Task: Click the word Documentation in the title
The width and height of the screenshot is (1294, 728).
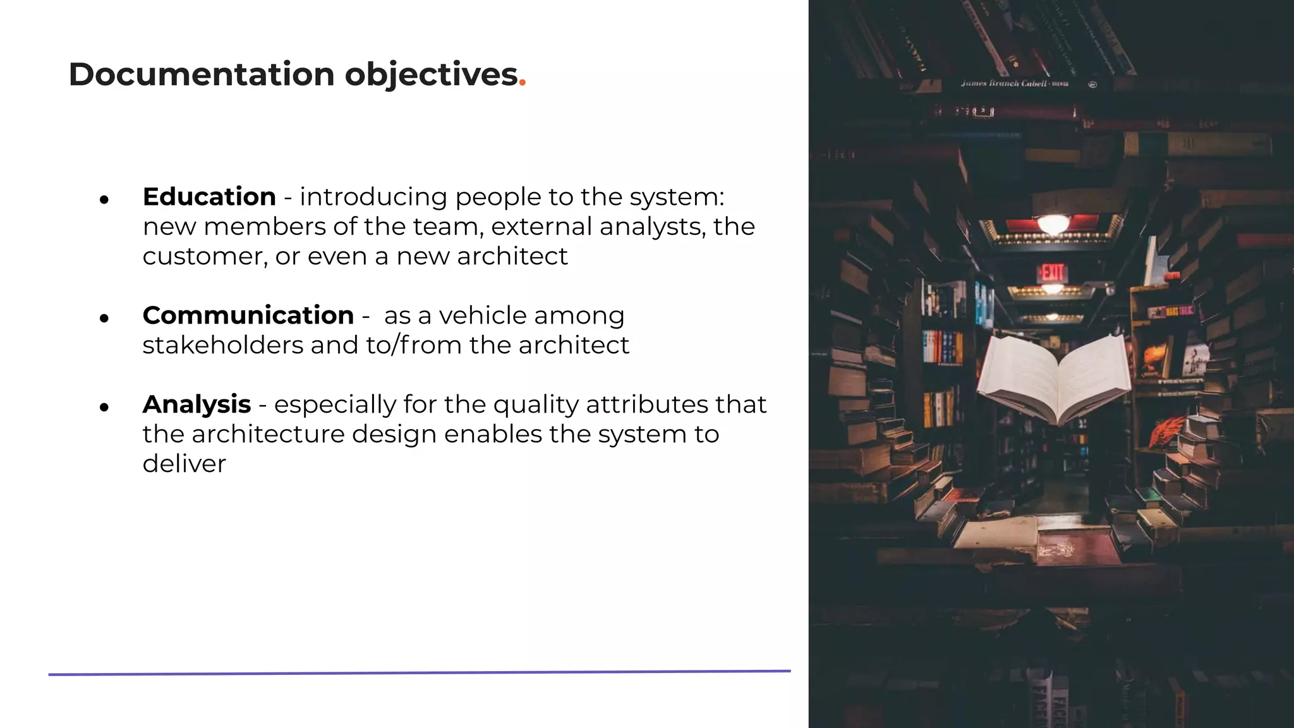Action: pyautogui.click(x=202, y=75)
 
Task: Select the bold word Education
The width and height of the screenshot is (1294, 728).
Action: pyautogui.click(x=209, y=197)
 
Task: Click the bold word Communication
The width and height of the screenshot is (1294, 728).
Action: pyautogui.click(x=248, y=315)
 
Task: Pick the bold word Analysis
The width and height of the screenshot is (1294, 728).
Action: pyautogui.click(x=197, y=404)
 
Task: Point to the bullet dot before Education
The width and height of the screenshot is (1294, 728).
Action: pyautogui.click(x=104, y=200)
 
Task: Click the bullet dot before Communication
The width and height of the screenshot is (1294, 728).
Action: pyautogui.click(x=104, y=318)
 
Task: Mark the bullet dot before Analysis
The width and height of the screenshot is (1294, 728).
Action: pyautogui.click(x=104, y=407)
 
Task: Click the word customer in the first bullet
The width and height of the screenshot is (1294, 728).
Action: pyautogui.click(x=201, y=257)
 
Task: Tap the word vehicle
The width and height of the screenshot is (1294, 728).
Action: pyautogui.click(x=482, y=315)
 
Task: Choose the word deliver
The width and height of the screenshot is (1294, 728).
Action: pyautogui.click(x=184, y=464)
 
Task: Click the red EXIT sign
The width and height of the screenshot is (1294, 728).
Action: pyautogui.click(x=1052, y=272)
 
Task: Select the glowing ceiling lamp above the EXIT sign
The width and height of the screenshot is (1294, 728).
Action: pyautogui.click(x=1053, y=223)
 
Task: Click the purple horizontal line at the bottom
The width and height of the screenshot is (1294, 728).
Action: pyautogui.click(x=420, y=672)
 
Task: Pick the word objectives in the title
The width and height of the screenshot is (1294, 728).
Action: pyautogui.click(x=431, y=75)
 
